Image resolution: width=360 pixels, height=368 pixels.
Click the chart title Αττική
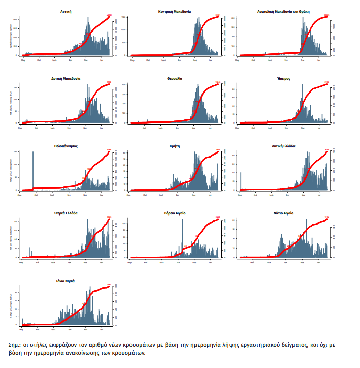point(66,10)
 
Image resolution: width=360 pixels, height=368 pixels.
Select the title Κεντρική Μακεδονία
point(175,10)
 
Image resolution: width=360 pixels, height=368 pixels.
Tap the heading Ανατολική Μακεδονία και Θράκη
point(284,10)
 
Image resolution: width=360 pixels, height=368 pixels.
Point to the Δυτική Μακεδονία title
point(66,79)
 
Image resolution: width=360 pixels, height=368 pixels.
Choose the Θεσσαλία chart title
point(175,79)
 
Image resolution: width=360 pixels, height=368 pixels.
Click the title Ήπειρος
point(284,79)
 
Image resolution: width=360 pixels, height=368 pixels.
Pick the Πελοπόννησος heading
point(66,146)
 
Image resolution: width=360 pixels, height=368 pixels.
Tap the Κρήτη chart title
point(175,146)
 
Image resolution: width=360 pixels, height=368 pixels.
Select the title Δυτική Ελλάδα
point(284,146)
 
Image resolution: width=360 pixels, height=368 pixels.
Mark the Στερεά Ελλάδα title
point(66,213)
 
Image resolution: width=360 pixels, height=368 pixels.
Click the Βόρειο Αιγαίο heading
point(175,213)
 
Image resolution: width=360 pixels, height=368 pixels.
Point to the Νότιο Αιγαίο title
point(284,213)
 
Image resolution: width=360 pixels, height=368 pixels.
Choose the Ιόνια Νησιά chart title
point(66,280)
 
